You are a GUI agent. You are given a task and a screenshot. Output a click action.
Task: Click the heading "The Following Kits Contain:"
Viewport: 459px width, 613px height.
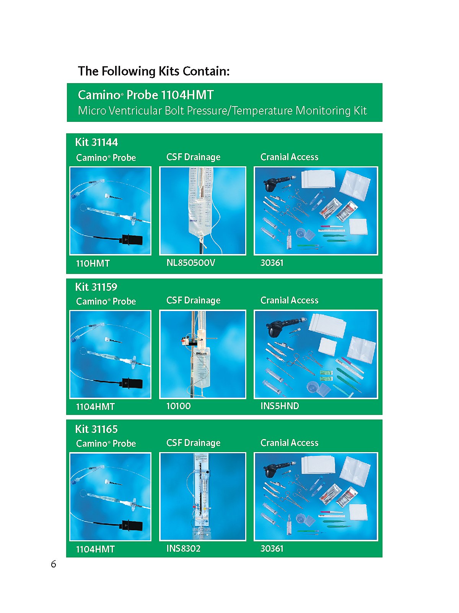[x=153, y=71]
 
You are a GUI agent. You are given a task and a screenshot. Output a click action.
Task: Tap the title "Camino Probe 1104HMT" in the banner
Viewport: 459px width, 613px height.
[x=146, y=95]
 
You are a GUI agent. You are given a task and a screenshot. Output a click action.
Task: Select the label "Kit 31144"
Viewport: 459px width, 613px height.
[x=96, y=142]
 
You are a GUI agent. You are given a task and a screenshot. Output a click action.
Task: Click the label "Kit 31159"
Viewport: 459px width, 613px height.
[x=96, y=287]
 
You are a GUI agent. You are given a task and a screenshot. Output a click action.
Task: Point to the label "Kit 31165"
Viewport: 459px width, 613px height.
[x=96, y=429]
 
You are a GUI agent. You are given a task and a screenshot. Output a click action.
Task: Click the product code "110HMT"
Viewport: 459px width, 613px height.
[x=93, y=263]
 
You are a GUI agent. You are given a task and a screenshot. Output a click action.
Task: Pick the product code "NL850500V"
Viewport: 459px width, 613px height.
[x=190, y=262]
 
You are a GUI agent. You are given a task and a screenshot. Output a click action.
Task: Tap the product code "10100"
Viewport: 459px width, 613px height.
[x=178, y=406]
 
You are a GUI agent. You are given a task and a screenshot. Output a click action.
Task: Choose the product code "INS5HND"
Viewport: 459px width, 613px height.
[x=280, y=406]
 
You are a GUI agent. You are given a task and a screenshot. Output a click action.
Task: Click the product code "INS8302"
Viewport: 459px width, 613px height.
[x=183, y=549]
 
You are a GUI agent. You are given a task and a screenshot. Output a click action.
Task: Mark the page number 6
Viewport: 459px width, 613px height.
[x=54, y=564]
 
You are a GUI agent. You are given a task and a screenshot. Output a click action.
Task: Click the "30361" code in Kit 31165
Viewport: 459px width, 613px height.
[x=272, y=549]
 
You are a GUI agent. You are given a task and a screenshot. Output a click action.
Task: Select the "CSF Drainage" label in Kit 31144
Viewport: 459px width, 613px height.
[x=194, y=157]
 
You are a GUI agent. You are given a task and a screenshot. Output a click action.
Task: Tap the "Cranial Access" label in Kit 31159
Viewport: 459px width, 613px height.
[x=289, y=300]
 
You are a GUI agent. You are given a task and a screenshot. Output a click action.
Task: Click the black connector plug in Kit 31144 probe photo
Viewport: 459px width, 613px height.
[x=132, y=239]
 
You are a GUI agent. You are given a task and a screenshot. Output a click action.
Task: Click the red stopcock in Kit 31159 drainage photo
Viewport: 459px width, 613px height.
[x=184, y=341]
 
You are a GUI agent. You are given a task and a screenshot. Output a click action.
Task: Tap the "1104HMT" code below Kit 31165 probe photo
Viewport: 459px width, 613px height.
[x=95, y=549]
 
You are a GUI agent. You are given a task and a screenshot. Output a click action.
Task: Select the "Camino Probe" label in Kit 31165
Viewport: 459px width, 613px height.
[x=106, y=444]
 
